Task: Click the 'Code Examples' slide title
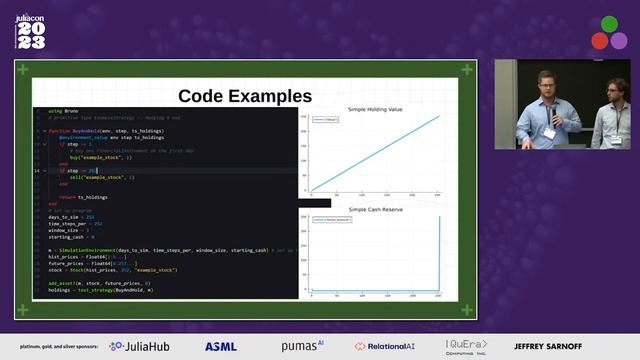245,96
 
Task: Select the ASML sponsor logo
221,346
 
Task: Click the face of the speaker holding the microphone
546,83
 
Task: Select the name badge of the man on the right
616,139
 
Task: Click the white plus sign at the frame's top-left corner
20,69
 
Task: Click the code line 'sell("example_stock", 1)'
104,177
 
